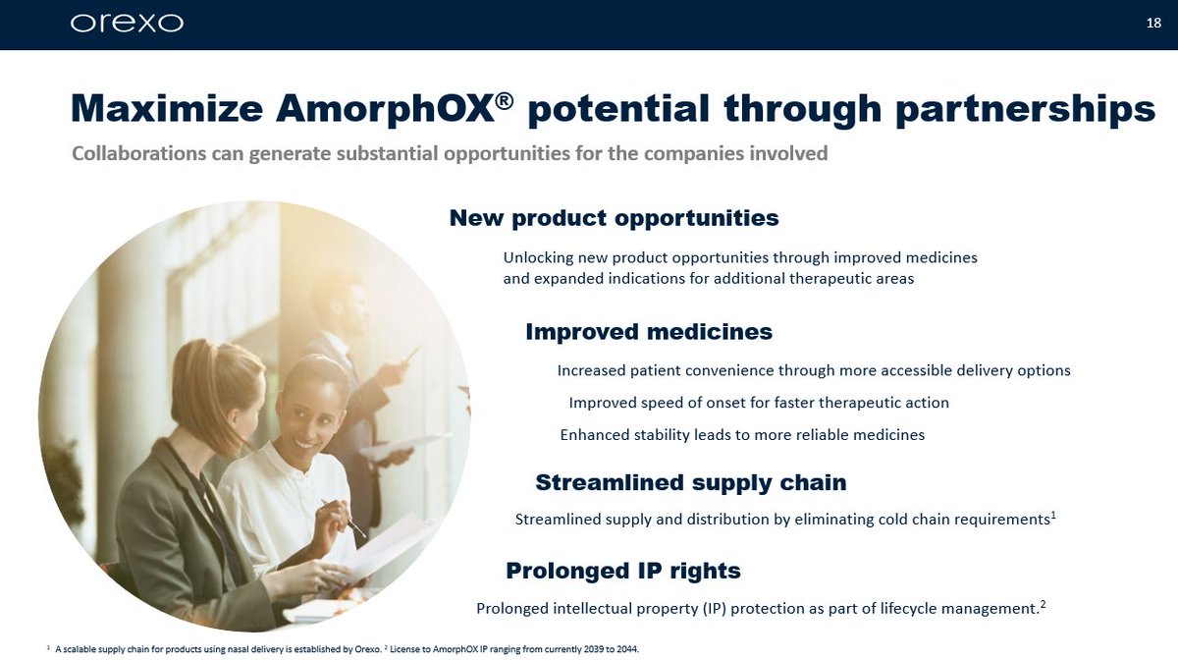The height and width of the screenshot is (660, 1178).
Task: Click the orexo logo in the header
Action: tap(127, 23)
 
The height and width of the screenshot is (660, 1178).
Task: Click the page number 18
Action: tap(1153, 23)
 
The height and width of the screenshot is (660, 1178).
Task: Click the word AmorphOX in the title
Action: tap(383, 108)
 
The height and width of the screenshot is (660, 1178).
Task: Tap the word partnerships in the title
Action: tap(1025, 110)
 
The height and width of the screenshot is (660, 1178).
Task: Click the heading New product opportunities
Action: tap(614, 217)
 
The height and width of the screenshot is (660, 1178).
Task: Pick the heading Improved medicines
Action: tap(649, 332)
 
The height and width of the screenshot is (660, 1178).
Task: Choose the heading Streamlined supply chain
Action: tap(690, 482)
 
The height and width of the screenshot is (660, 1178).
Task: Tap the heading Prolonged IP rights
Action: tap(622, 571)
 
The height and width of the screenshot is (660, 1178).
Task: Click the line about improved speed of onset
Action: tap(759, 403)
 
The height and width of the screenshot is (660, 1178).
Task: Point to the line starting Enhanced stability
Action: tap(742, 434)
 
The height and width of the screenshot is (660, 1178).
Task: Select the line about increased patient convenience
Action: tap(813, 370)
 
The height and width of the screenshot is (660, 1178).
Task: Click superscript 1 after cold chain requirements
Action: tap(1054, 514)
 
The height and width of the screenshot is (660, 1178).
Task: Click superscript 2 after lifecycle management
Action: tap(1042, 604)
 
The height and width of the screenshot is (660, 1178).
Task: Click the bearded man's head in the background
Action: tap(339, 300)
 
